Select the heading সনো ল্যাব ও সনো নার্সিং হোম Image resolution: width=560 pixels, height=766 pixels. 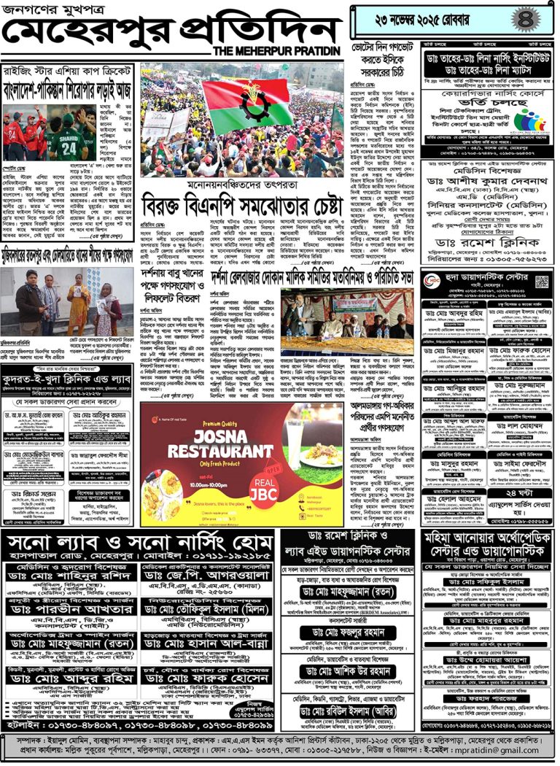click(139, 543)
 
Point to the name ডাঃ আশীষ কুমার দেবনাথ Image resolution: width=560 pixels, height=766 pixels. click(490, 186)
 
